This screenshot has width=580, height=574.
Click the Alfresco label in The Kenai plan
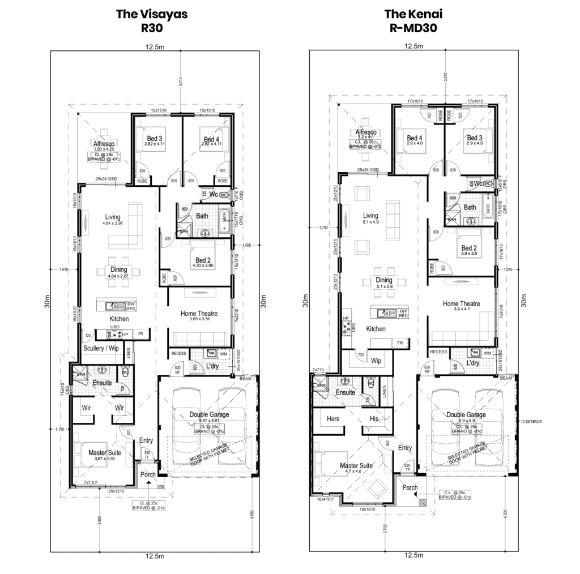pyautogui.click(x=366, y=131)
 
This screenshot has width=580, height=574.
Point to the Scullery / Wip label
pyautogui.click(x=101, y=348)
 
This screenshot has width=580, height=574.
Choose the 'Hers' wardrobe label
pyautogui.click(x=333, y=419)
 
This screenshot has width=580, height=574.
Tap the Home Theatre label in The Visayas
pyautogui.click(x=199, y=313)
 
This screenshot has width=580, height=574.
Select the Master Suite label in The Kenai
pyautogui.click(x=356, y=465)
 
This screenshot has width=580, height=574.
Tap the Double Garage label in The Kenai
pyautogui.click(x=466, y=415)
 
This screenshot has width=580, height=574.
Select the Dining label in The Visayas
pyautogui.click(x=118, y=270)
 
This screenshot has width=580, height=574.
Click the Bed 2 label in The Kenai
pyautogui.click(x=469, y=248)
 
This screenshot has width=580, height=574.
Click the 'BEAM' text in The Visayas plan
pyautogui.click(x=245, y=378)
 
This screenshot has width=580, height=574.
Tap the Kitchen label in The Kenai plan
pyautogui.click(x=376, y=329)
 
